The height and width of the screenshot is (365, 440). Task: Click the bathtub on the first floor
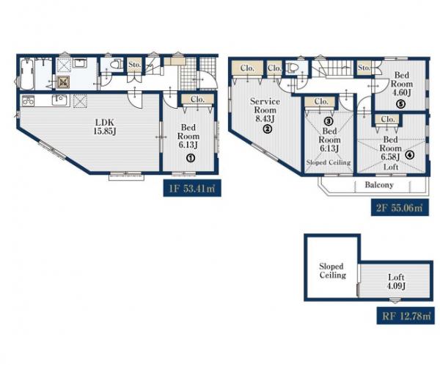pyautogui.click(x=27, y=73)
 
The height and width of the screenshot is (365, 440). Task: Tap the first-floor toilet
pyautogui.click(x=116, y=64)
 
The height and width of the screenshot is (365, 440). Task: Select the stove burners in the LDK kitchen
pyautogui.click(x=28, y=101)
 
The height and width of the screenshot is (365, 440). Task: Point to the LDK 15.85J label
pyautogui.click(x=105, y=127)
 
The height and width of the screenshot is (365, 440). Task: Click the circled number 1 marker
pyautogui.click(x=191, y=158)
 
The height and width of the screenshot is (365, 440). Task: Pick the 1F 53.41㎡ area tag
pyautogui.click(x=192, y=188)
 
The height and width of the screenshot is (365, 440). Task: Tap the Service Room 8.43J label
pyautogui.click(x=265, y=109)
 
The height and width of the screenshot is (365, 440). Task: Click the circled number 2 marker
pyautogui.click(x=267, y=129)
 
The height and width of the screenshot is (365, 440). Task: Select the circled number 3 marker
pyautogui.click(x=329, y=121)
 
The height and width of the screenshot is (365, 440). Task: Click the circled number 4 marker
pyautogui.click(x=410, y=154)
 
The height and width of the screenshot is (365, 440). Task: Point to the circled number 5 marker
pyautogui.click(x=400, y=104)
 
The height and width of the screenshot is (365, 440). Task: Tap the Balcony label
pyautogui.click(x=379, y=185)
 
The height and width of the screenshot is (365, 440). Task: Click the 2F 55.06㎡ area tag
pyautogui.click(x=400, y=208)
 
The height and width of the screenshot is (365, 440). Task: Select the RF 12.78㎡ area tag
pyautogui.click(x=406, y=316)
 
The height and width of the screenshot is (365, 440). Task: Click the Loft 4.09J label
pyautogui.click(x=396, y=281)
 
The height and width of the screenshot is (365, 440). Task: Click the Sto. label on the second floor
pyautogui.click(x=364, y=68)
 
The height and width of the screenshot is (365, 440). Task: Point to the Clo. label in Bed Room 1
pyautogui.click(x=197, y=99)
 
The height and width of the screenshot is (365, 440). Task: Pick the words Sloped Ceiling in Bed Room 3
pyautogui.click(x=329, y=162)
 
